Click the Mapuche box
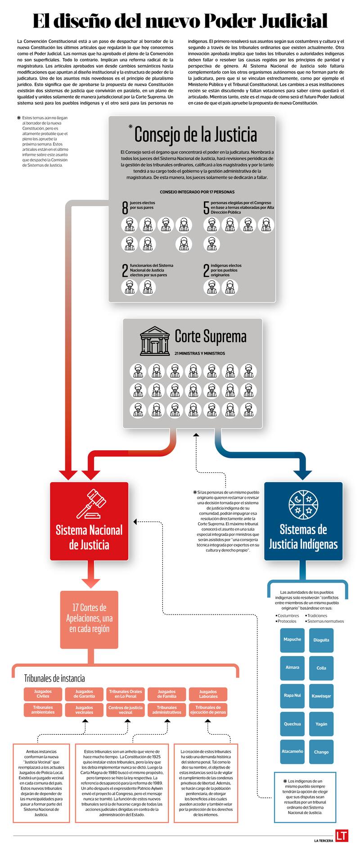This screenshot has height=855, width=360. click(292, 639)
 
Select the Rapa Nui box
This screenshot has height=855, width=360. click(292, 695)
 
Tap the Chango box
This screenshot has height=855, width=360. click(321, 751)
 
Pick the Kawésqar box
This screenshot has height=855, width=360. click(321, 696)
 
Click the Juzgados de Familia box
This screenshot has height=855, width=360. click(166, 694)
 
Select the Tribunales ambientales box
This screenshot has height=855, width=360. click(43, 710)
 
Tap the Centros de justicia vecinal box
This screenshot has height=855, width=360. click(126, 710)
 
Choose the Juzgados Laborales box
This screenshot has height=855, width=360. click(208, 694)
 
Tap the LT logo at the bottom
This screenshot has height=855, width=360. click(342, 836)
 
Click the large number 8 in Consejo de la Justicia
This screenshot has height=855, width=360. click(125, 208)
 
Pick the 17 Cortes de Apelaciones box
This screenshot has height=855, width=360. click(89, 618)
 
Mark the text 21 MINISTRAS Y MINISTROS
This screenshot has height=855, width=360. click(199, 353)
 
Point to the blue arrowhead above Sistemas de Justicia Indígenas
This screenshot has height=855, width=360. click(302, 475)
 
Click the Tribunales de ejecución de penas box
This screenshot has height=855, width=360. click(208, 710)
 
